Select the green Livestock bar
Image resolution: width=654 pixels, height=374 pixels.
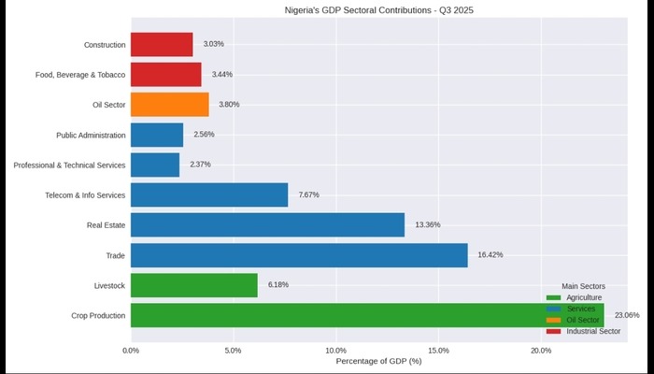pyautogui.click(x=194, y=285)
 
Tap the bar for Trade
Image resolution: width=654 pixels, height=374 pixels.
pyautogui.click(x=299, y=255)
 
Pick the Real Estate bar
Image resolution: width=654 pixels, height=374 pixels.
pyautogui.click(x=267, y=224)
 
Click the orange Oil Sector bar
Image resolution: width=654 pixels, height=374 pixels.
pyautogui.click(x=170, y=105)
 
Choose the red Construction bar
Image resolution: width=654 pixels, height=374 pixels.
pyautogui.click(x=162, y=44)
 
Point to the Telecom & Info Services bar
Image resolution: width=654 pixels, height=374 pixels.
pyautogui.click(x=209, y=194)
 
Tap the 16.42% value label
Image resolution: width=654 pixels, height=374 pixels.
pyautogui.click(x=490, y=255)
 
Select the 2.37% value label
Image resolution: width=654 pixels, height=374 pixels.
pyautogui.click(x=200, y=165)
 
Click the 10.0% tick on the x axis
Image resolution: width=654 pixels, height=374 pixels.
pyautogui.click(x=336, y=351)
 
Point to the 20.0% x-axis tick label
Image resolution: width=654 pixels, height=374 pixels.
pyautogui.click(x=541, y=351)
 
